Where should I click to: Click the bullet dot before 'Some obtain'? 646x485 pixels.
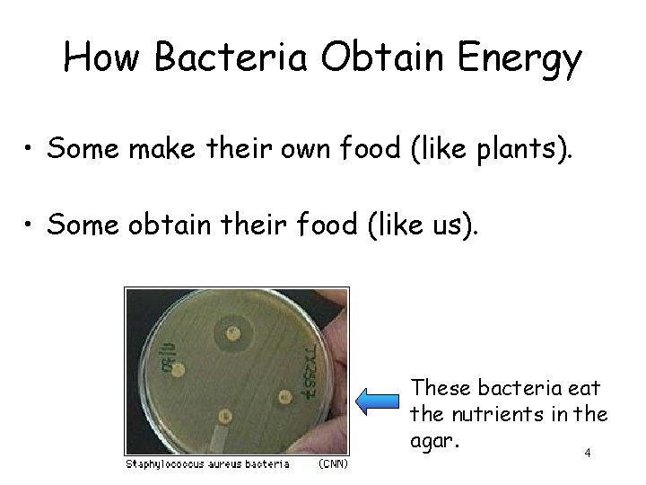click(x=31, y=222)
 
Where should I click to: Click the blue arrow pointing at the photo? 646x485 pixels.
click(x=381, y=400)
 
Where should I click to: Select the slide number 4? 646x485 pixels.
click(x=588, y=454)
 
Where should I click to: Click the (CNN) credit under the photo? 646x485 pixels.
click(x=333, y=464)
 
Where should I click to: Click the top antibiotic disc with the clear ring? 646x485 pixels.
click(x=237, y=333)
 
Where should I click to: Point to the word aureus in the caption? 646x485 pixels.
click(x=233, y=464)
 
